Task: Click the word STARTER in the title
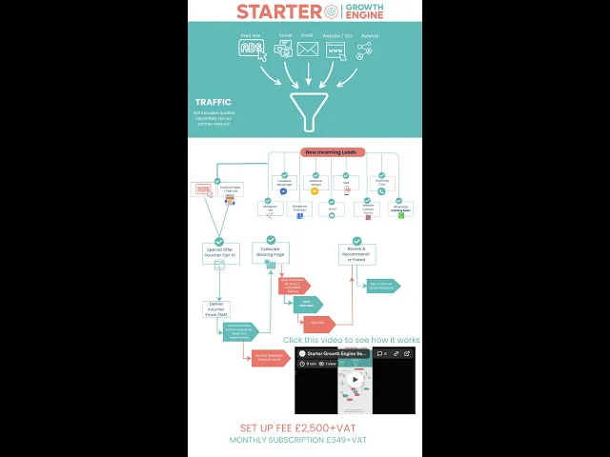[278, 11]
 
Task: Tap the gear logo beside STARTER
[332, 11]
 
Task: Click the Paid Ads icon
[251, 49]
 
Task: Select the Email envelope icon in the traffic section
[307, 50]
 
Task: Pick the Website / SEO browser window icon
[335, 50]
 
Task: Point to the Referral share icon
[364, 51]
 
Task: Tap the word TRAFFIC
[213, 102]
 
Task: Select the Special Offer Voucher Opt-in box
[219, 252]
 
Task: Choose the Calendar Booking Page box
[271, 252]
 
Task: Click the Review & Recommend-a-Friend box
[356, 253]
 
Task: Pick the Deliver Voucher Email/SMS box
[218, 309]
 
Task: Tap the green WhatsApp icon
[401, 215]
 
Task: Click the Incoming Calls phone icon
[381, 190]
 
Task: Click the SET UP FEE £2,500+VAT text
[297, 428]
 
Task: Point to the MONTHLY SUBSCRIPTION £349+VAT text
[297, 441]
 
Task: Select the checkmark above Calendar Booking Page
[271, 239]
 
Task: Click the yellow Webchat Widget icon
[315, 190]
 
